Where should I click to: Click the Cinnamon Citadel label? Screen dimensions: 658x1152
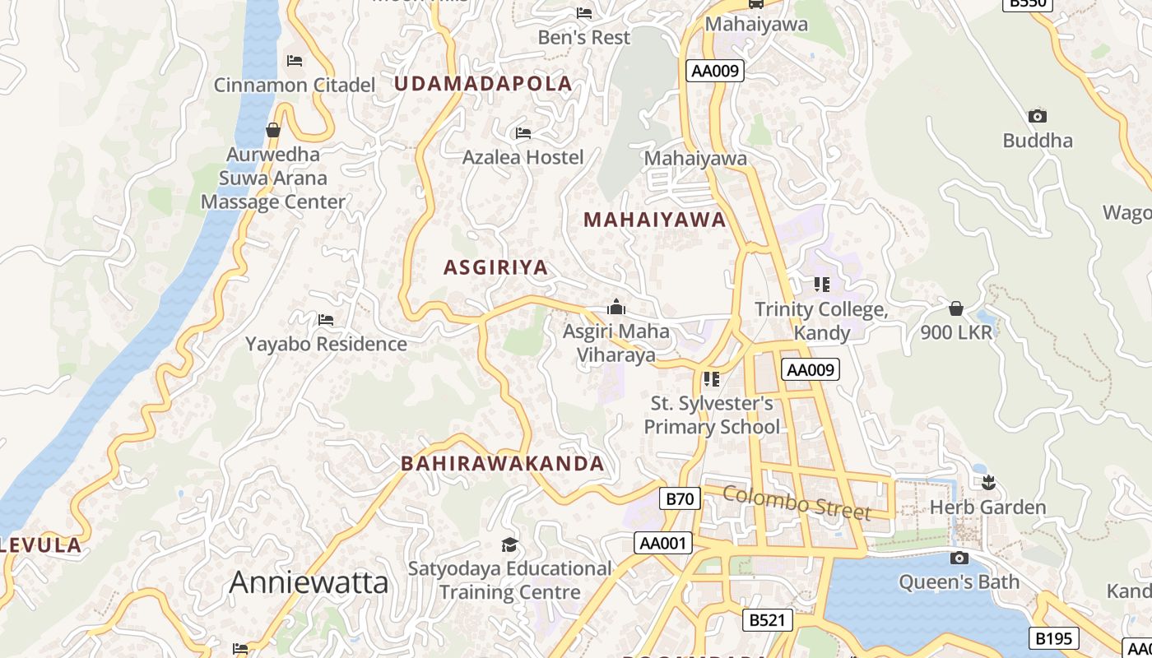point(294,85)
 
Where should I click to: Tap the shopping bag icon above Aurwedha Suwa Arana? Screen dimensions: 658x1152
point(273,130)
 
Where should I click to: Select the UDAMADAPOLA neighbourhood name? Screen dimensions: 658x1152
point(482,83)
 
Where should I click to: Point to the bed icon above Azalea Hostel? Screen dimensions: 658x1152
point(523,133)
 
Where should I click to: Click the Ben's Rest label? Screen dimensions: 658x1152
point(583,37)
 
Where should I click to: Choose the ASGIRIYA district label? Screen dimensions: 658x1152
point(495,267)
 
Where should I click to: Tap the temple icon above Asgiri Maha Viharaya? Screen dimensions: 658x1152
point(615,308)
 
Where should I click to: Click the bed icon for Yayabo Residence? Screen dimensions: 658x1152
point(326,319)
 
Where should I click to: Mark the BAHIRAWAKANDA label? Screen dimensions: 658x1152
point(502,463)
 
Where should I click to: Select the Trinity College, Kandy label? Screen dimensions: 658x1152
point(821,321)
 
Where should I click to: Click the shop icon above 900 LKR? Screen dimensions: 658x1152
point(955,308)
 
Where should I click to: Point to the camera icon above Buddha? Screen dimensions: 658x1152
point(1037,116)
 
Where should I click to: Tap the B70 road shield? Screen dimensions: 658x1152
point(680,498)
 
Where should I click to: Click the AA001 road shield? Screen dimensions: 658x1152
point(663,543)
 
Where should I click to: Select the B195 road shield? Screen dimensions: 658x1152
point(1053,638)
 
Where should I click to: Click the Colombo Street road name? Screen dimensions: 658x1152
point(796,502)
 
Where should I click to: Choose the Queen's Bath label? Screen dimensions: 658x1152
point(959,582)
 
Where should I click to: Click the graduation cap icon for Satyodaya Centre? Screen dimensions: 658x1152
point(509,544)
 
